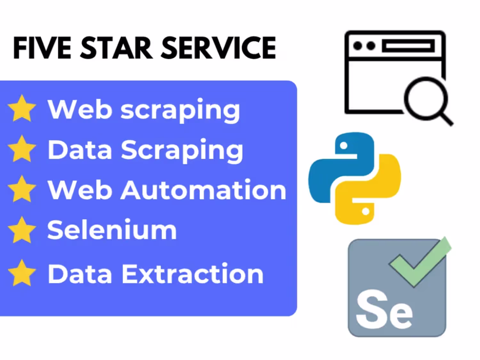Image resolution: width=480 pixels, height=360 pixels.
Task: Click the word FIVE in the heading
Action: pyautogui.click(x=42, y=48)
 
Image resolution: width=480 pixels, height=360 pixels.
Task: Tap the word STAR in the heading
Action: pyautogui.click(x=116, y=48)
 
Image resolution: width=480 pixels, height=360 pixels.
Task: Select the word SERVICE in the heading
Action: pyautogui.click(x=219, y=48)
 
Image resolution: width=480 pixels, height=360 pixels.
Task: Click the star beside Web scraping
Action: pyautogui.click(x=22, y=108)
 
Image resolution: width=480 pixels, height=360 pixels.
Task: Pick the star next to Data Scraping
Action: pyautogui.click(x=22, y=148)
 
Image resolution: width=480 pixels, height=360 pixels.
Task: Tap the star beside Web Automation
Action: pyautogui.click(x=22, y=189)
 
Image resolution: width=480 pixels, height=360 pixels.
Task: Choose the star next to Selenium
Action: pyautogui.click(x=22, y=230)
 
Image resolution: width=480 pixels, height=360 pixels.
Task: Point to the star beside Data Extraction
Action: pyautogui.click(x=22, y=273)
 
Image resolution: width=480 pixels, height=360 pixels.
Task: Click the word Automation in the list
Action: pyautogui.click(x=204, y=189)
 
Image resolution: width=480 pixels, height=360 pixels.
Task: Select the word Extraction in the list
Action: pyautogui.click(x=192, y=274)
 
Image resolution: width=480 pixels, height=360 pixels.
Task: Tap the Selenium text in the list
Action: pyautogui.click(x=112, y=229)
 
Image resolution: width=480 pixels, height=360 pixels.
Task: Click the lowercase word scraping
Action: pyautogui.click(x=180, y=111)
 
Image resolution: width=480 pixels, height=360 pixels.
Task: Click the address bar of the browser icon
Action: pyautogui.click(x=408, y=46)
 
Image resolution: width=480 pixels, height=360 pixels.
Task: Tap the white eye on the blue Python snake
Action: pyautogui.click(x=344, y=145)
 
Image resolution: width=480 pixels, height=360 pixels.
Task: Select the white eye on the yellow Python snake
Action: pyautogui.click(x=366, y=211)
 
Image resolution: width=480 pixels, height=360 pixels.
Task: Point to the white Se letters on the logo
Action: pyautogui.click(x=384, y=309)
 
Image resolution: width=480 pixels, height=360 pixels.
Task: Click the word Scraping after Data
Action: pyautogui.click(x=182, y=151)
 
